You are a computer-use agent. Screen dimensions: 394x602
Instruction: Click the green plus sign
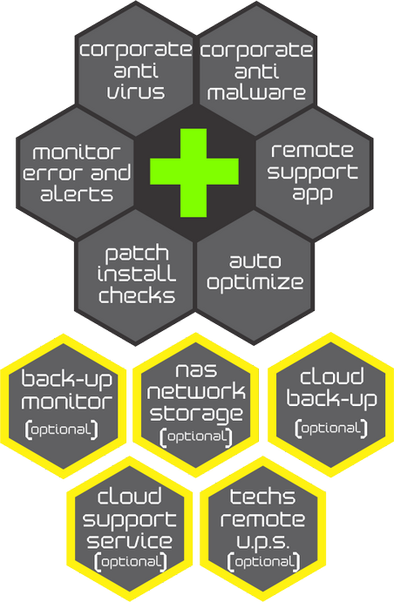tap(194, 172)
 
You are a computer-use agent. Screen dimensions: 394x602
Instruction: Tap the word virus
tap(136, 92)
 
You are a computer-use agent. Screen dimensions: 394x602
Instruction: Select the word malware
tap(256, 93)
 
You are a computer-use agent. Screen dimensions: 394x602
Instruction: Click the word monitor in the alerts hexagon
tap(77, 152)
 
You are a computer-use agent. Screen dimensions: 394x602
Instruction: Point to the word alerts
tap(77, 194)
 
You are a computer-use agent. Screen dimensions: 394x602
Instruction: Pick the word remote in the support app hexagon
tap(312, 150)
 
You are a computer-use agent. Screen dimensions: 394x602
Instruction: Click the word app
tap(312, 193)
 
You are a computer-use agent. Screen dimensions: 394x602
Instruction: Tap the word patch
tap(137, 254)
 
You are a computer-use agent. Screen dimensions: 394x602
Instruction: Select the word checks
tap(137, 295)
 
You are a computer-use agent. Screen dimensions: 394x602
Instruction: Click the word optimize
tap(255, 283)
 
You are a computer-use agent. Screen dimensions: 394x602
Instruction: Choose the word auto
tap(255, 261)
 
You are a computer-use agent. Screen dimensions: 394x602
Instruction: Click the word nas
tap(196, 370)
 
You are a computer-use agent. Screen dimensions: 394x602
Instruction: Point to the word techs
tap(262, 497)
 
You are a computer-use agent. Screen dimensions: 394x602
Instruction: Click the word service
tap(129, 541)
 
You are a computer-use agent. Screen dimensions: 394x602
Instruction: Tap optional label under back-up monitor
tap(61, 430)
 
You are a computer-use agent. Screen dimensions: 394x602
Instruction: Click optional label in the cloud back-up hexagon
tap(331, 429)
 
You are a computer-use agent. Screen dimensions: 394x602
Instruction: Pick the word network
tap(196, 392)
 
